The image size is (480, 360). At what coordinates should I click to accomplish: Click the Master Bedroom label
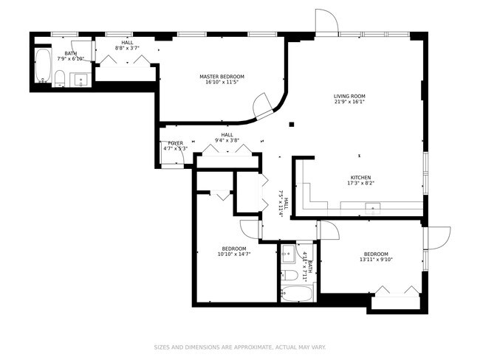point(222,77)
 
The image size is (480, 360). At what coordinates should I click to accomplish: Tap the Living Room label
point(349,96)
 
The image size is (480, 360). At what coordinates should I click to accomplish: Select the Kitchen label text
point(360,177)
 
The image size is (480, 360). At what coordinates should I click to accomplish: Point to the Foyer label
point(176,143)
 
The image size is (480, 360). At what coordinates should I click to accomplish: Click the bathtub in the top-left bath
point(43,66)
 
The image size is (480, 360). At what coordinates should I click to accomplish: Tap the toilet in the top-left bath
point(60,78)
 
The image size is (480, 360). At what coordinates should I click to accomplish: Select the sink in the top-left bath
point(80,80)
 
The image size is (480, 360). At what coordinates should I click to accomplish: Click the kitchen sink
point(372,209)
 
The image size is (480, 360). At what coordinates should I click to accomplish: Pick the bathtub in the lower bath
point(298,294)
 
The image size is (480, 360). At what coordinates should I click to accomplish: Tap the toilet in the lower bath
point(289,275)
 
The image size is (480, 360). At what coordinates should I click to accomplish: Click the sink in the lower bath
point(288,254)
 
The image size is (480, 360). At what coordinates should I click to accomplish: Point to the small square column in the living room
point(292,124)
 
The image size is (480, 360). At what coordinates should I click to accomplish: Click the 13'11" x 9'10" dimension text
point(376,260)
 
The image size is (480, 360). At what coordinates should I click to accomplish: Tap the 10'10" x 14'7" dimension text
point(234,254)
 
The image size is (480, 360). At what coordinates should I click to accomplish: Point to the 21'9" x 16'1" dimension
point(349,102)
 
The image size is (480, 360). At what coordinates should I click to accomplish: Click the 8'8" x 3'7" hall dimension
point(127,48)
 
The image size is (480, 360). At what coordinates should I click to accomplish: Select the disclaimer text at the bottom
point(240,347)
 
